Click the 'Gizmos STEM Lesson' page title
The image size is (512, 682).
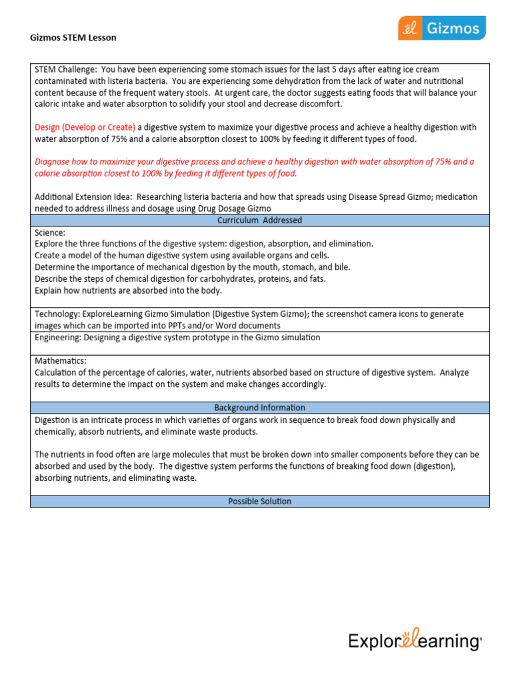click(73, 37)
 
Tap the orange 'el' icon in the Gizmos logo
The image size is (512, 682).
click(410, 28)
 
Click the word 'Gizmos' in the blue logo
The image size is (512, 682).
click(453, 28)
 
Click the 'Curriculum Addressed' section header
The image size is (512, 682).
click(259, 220)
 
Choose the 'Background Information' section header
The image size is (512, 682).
click(259, 408)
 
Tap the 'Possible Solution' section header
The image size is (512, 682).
click(259, 502)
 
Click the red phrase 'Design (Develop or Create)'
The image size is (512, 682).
click(85, 127)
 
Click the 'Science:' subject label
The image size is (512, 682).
click(50, 233)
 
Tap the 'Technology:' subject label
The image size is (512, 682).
click(58, 314)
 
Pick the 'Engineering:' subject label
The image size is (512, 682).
click(59, 338)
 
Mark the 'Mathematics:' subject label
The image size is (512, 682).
click(61, 360)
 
